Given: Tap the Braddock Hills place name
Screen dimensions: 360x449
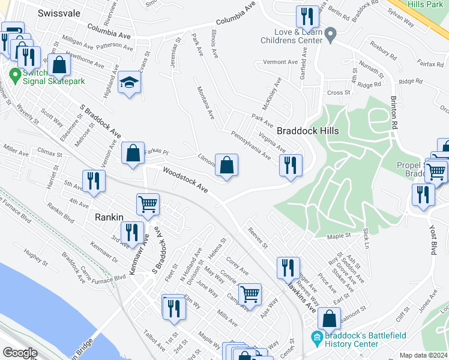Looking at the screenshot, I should coord(308,131).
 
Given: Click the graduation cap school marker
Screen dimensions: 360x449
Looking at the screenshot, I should coord(128,83).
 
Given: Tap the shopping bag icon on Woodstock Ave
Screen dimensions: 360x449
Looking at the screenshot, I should coord(226,165).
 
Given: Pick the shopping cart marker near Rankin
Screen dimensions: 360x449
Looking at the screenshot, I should coord(147,205).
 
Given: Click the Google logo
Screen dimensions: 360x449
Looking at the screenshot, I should coord(20,352).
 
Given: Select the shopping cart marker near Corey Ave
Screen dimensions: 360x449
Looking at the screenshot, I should coord(249,294).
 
